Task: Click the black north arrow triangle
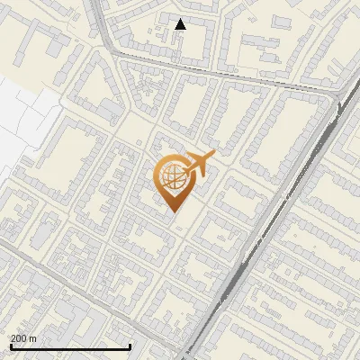181,24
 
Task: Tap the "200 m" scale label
23,338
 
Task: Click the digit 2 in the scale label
13,338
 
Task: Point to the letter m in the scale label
33,339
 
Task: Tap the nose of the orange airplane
212,157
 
